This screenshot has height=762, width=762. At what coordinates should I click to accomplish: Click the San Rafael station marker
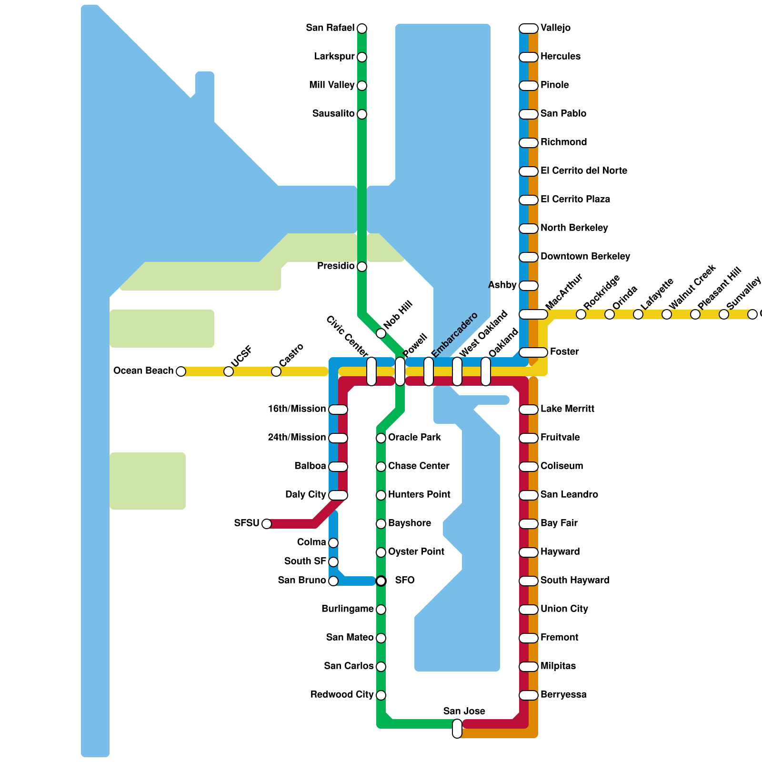coord(362,29)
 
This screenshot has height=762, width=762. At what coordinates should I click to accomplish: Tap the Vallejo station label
coord(555,28)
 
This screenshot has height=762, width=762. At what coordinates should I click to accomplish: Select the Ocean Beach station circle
coord(181,371)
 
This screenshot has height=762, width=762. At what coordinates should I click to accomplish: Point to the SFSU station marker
coord(267,524)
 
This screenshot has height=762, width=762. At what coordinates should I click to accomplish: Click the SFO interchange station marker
coord(381,581)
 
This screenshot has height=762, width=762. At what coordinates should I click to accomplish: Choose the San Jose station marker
coord(457,729)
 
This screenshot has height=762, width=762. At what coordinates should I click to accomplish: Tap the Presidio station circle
coord(362,267)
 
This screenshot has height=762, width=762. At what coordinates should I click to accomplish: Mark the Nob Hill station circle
coord(381,333)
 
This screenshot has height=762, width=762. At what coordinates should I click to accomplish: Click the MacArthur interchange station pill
coord(533,314)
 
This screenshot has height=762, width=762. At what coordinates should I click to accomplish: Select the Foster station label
coord(564,352)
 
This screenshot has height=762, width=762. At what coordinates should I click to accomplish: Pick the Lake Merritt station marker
coord(529,410)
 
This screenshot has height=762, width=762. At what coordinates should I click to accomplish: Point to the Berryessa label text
coord(563,695)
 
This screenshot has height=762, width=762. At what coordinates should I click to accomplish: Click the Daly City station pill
coord(338,495)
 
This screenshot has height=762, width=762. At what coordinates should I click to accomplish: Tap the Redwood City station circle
coord(381,695)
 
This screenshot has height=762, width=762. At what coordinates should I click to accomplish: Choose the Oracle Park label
coord(414,438)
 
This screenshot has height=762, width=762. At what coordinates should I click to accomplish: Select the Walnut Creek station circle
coord(667,314)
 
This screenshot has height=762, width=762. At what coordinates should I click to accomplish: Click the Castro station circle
coord(276,371)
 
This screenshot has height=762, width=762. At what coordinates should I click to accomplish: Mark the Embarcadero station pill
coord(429,371)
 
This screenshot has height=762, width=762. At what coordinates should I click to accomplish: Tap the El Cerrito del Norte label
coord(583,171)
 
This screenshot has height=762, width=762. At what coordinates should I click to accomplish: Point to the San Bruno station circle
coord(333,581)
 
